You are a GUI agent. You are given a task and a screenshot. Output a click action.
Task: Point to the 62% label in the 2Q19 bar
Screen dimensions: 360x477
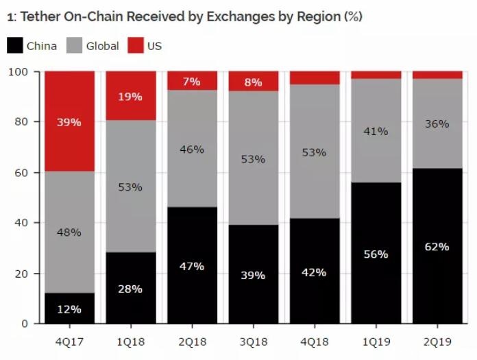437,246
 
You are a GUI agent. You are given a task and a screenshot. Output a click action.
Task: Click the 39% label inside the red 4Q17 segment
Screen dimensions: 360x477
69,122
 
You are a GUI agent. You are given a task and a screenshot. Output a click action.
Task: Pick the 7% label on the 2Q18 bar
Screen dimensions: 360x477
192,82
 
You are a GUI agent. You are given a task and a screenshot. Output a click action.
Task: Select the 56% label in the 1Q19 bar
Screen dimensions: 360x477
376,254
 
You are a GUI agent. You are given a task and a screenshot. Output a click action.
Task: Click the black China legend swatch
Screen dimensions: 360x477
14,46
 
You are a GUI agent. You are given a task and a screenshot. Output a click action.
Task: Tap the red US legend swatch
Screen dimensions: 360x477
136,46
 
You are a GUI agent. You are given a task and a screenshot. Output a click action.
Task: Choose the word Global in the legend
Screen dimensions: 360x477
102,46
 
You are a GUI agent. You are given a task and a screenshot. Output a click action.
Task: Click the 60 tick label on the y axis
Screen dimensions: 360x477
21,172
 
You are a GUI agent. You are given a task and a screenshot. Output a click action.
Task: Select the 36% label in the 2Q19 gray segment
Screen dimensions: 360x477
437,124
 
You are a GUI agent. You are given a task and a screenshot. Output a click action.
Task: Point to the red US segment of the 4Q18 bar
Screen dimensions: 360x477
314,77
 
